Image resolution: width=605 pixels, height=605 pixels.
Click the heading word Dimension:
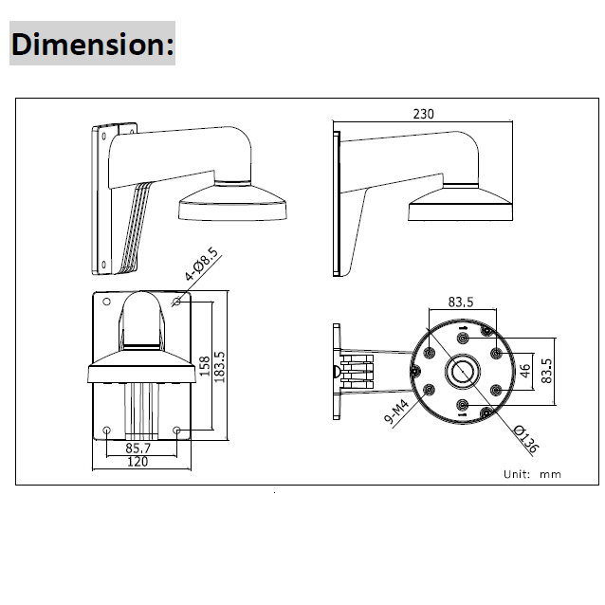point(93,45)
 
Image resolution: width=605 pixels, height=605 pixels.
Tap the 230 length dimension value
point(423,115)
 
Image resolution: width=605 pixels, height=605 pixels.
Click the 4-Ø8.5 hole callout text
point(202,265)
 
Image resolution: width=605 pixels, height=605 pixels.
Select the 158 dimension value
point(204,367)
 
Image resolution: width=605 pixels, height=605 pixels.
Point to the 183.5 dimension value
point(219,369)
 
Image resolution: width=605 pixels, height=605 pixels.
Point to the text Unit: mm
point(533,472)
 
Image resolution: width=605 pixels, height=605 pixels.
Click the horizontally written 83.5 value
point(461,302)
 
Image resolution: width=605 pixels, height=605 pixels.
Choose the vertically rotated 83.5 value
point(546,369)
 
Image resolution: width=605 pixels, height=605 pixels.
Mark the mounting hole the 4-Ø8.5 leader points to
point(178,302)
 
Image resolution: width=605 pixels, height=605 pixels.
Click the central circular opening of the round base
point(462,370)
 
